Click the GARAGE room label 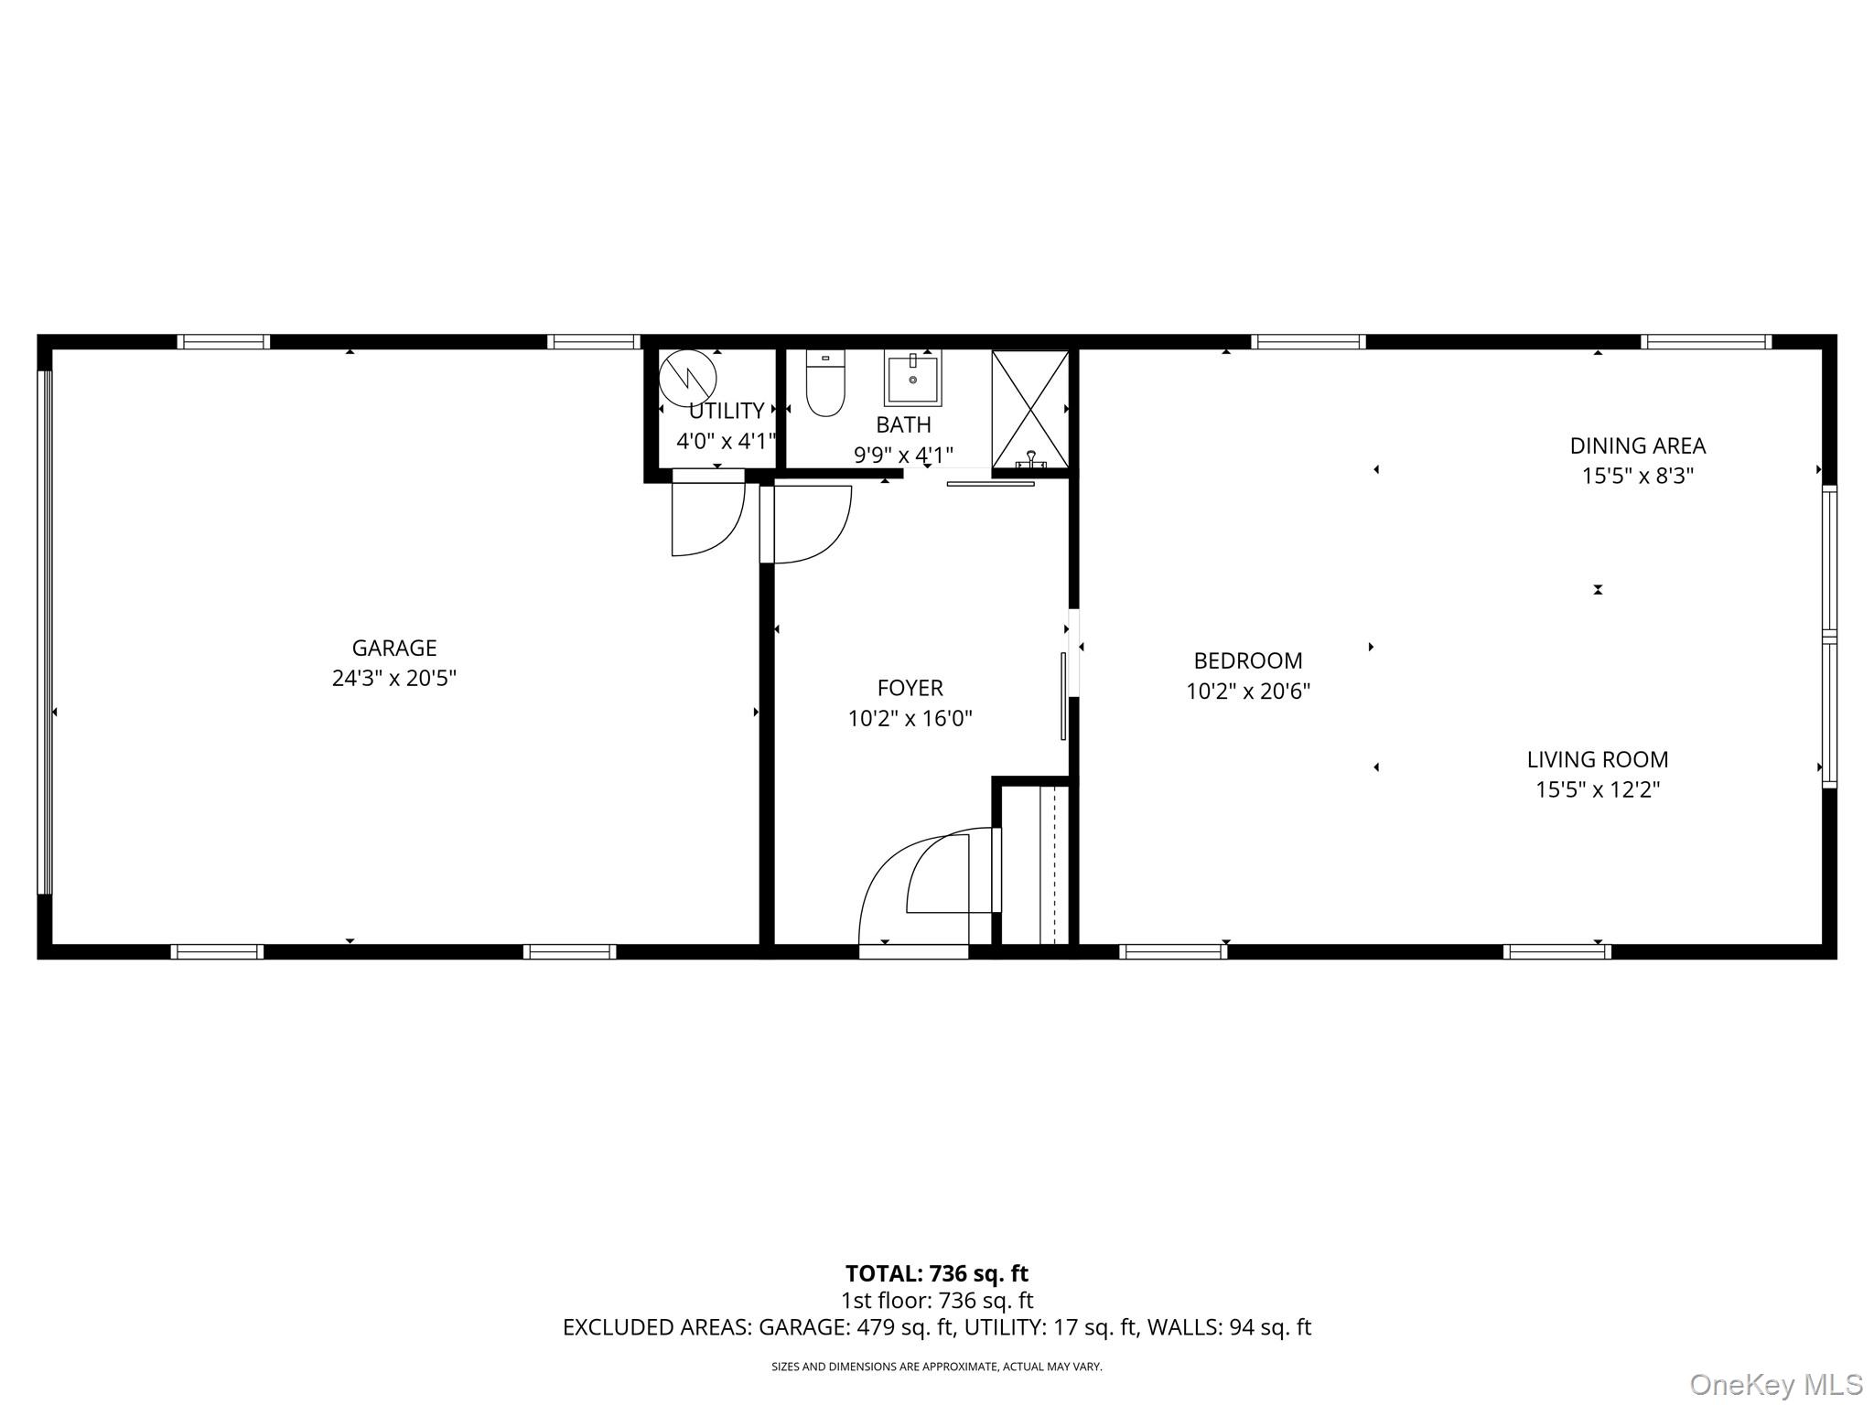[x=394, y=648]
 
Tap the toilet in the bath [x=824, y=383]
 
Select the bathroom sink [x=912, y=379]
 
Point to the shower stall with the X [x=1030, y=409]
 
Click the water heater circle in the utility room [x=687, y=378]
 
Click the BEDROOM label [x=1248, y=660]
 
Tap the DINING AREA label [x=1638, y=445]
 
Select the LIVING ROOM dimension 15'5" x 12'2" [x=1598, y=789]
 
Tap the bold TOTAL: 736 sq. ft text [x=937, y=1273]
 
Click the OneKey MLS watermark [x=1776, y=1385]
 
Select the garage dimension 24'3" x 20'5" [x=394, y=679]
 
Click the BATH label [x=904, y=424]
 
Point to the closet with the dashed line [x=1035, y=863]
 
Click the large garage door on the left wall [x=44, y=631]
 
